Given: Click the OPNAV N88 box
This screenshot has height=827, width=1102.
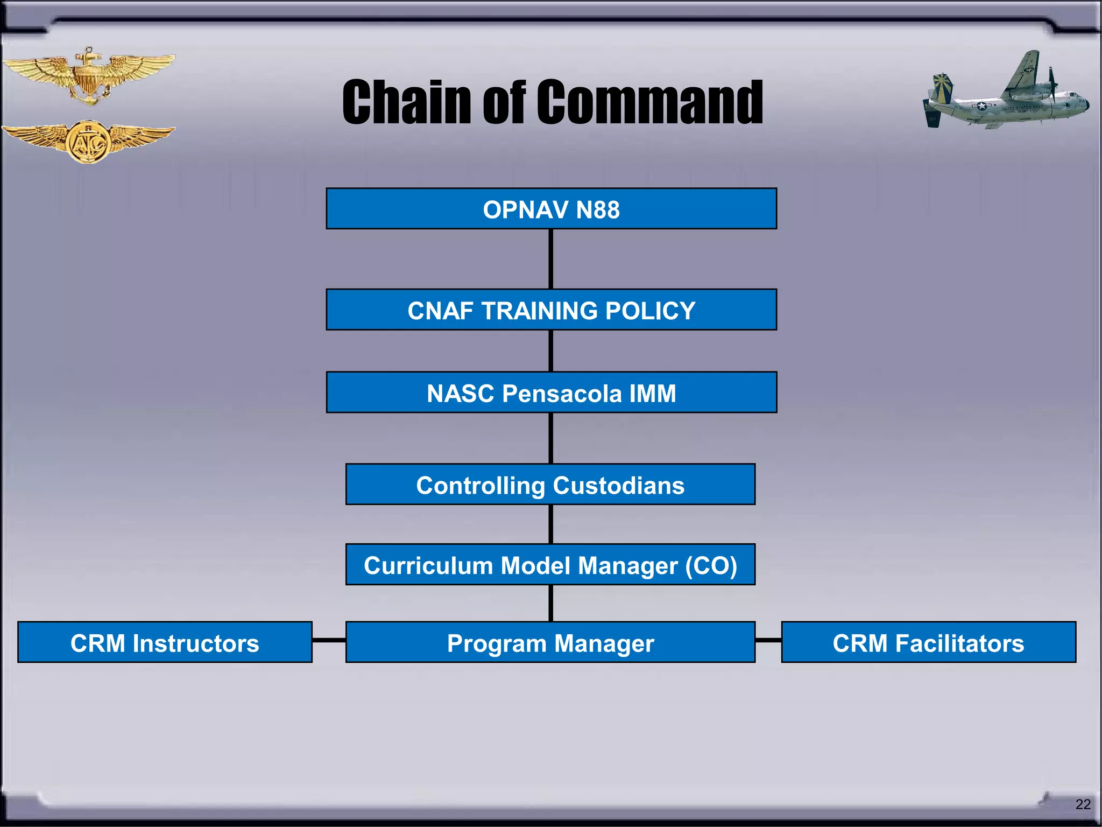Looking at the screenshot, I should coord(551,209).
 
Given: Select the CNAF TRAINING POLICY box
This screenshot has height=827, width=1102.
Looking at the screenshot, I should coord(551,310).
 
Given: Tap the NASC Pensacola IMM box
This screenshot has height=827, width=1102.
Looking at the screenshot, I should coord(551,393).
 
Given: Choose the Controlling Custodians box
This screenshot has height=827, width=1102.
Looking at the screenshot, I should coord(550,485).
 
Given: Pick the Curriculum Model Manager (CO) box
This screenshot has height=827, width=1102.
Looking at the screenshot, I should coord(550,565).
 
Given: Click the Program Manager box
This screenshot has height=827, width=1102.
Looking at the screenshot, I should coord(550,642).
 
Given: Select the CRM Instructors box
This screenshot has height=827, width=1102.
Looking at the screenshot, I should coord(165,642).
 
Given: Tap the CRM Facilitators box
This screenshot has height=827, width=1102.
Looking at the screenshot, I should coord(928,642).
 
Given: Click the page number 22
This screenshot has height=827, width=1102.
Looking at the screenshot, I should coord(1083,804).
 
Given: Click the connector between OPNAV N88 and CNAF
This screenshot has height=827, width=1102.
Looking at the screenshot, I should coord(551,259).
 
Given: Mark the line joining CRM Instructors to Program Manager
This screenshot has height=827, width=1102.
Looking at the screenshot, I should coord(329,640).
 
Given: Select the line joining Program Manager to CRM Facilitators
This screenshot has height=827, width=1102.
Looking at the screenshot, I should coord(768,640).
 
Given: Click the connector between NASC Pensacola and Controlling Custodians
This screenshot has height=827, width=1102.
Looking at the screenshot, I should coord(551,438).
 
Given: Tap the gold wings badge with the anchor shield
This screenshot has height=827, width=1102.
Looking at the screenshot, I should coord(89,75).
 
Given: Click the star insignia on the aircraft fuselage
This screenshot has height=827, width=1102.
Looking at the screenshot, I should coord(982,106).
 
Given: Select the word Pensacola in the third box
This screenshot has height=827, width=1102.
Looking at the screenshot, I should coord(562,393).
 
